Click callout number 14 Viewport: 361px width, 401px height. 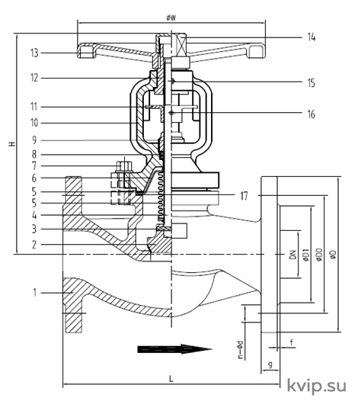(311, 37)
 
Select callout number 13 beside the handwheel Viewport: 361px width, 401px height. (34, 53)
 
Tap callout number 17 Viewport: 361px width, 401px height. (244, 196)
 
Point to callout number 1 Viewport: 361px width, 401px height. (35, 292)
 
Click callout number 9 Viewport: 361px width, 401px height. (34, 140)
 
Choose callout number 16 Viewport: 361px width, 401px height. (311, 114)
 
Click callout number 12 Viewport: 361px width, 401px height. (34, 78)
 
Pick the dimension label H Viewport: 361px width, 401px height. (12, 144)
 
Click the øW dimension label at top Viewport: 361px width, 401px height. (171, 18)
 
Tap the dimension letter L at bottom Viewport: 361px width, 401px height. (171, 379)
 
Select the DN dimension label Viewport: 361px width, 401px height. (293, 255)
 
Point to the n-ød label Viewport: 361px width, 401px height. (241, 350)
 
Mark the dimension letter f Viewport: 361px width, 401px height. (291, 342)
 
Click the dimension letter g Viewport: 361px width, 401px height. (270, 364)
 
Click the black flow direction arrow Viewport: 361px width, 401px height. (174, 349)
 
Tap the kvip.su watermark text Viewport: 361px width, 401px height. (317, 385)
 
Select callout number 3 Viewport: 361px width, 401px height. (34, 229)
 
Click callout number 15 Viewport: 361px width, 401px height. (311, 83)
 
